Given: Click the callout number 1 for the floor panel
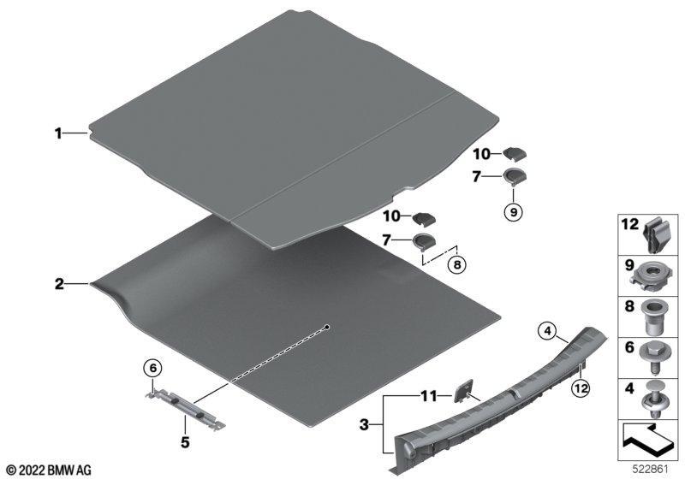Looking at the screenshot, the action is click(58, 133).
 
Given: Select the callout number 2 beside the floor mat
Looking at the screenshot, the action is click(59, 284).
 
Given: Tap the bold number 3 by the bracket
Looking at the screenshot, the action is click(365, 424).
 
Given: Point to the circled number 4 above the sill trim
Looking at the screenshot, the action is click(547, 332).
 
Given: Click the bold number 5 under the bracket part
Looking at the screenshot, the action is click(185, 442).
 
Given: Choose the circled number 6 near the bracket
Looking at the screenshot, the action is click(153, 369).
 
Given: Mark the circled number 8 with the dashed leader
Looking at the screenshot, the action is click(457, 264).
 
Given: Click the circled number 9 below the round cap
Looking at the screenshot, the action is click(513, 212).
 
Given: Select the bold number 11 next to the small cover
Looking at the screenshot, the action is click(429, 396).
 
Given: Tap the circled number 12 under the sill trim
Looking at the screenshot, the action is click(581, 387).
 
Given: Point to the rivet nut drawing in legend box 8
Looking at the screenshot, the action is click(653, 316).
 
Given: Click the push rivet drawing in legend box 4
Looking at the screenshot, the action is click(653, 399).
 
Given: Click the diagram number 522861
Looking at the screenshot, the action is click(651, 470).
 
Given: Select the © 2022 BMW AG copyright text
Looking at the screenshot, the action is click(49, 470).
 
